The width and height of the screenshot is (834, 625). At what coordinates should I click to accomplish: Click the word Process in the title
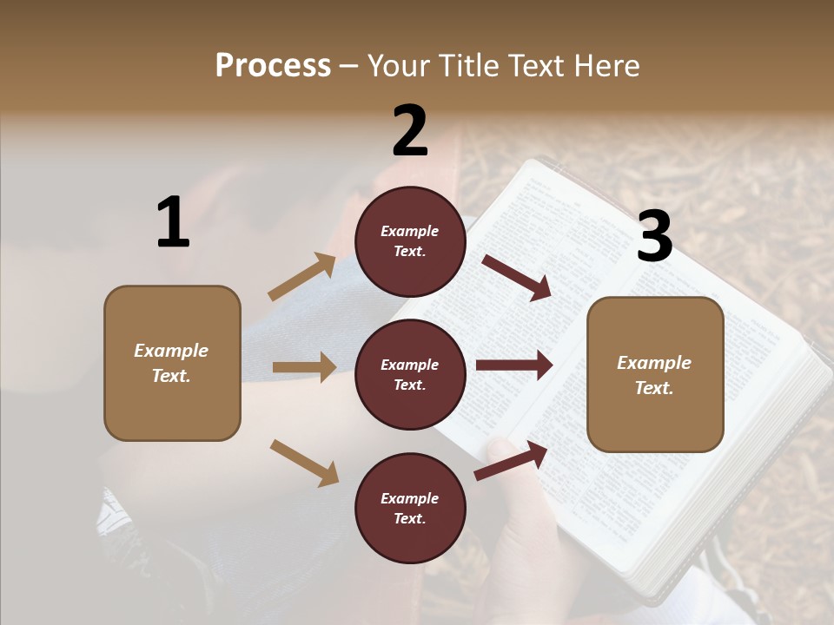click(273, 66)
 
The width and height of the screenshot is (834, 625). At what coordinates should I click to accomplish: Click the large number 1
click(173, 223)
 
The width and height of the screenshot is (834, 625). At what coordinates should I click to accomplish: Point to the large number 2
click(410, 131)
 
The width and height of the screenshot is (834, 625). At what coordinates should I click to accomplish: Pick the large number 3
click(654, 237)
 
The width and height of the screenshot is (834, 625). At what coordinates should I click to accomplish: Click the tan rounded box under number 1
click(172, 363)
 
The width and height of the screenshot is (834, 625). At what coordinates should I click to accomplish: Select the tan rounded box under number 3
click(655, 375)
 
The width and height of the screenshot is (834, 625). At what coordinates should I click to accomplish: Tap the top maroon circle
click(410, 241)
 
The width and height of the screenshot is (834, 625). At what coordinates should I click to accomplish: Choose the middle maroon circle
click(410, 374)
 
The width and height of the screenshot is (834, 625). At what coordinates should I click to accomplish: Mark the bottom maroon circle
click(410, 508)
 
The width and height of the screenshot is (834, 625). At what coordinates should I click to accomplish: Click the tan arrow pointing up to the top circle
click(301, 277)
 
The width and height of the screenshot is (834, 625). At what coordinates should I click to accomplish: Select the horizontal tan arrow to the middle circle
click(304, 367)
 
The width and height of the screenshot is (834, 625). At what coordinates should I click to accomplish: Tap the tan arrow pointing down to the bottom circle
click(304, 463)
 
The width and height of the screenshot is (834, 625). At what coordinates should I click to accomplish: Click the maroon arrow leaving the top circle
click(516, 278)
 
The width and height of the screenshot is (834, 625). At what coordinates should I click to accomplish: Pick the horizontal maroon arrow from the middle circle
click(513, 365)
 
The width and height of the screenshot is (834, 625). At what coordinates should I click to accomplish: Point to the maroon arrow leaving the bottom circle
click(511, 460)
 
